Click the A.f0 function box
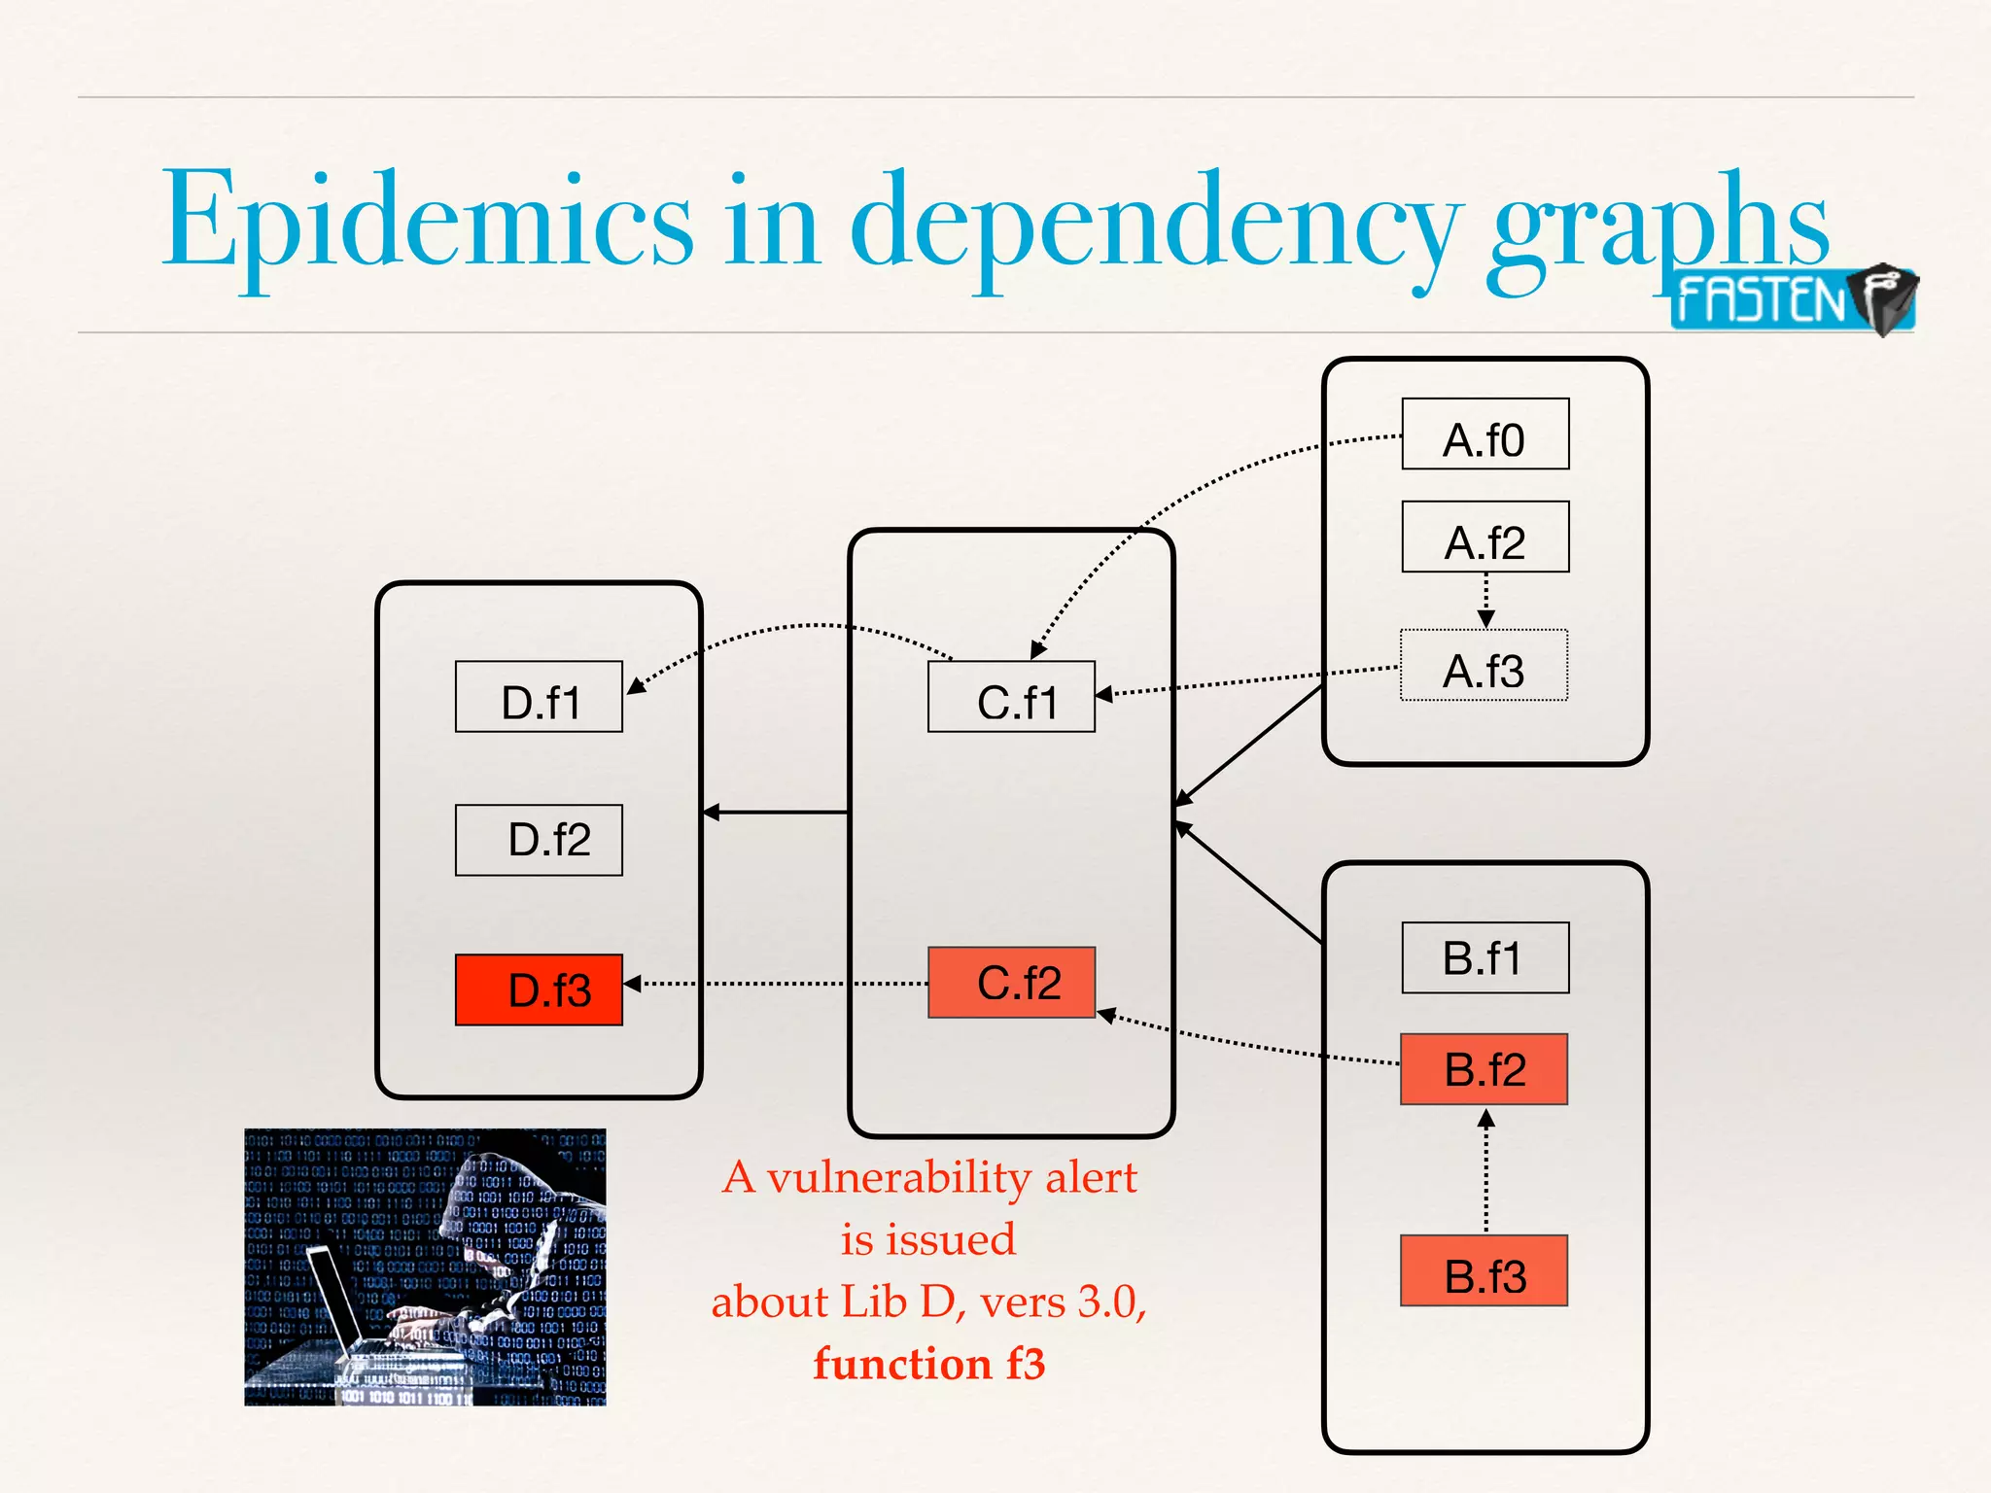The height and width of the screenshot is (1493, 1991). [1485, 434]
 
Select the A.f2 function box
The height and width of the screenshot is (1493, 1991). [1485, 537]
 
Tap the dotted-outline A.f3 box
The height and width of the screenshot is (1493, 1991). [1484, 666]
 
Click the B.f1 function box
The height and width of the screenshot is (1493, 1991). [1485, 957]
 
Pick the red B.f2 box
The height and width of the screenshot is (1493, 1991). [1484, 1069]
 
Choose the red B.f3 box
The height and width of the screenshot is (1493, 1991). [1484, 1270]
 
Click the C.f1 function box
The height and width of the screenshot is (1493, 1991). [1011, 697]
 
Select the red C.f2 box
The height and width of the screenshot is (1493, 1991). [1011, 983]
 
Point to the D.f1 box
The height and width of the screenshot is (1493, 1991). [539, 697]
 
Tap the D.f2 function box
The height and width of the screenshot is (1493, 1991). [539, 840]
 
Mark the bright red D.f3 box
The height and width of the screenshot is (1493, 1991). [539, 990]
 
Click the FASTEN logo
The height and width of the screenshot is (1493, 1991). [1791, 299]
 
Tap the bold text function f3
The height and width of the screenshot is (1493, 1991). [929, 1364]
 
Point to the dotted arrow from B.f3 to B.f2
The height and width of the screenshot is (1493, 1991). [1485, 1171]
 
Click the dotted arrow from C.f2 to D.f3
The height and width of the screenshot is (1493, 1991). [778, 984]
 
